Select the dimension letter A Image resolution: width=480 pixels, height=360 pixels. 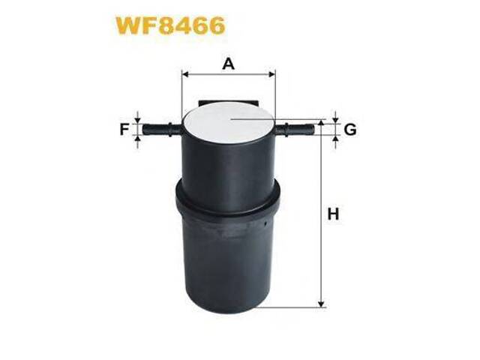pyautogui.click(x=229, y=64)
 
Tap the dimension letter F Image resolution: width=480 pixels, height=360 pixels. pyautogui.click(x=124, y=129)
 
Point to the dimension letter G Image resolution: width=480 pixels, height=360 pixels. pyautogui.click(x=349, y=130)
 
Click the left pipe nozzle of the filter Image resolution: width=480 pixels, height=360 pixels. pyautogui.click(x=161, y=130)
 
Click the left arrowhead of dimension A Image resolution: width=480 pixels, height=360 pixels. pyautogui.click(x=185, y=74)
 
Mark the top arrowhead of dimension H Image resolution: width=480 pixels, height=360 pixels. pyautogui.click(x=322, y=123)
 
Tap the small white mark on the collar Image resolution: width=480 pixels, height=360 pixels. pyautogui.click(x=268, y=223)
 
